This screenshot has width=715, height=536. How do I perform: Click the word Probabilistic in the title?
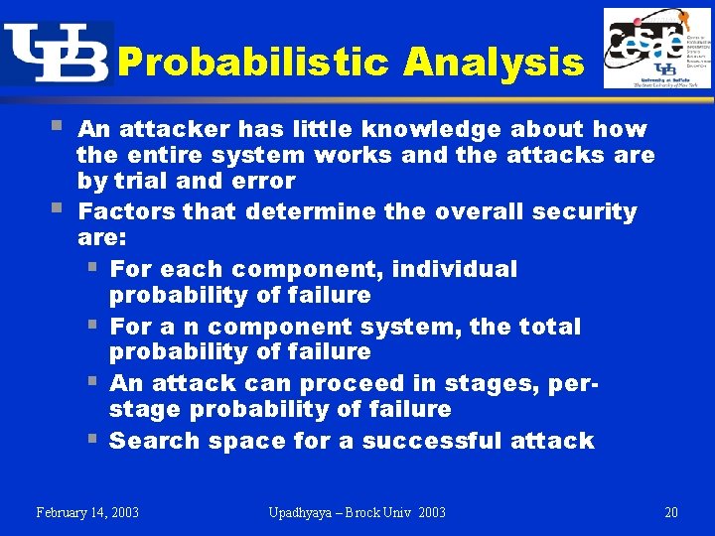pos(252,64)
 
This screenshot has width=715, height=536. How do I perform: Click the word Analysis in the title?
pos(494,64)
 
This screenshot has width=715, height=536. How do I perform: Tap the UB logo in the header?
pos(56,54)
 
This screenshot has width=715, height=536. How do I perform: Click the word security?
pos(584,211)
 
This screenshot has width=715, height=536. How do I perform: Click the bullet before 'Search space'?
pos(91,439)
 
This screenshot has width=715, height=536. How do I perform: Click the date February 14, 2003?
pos(87,512)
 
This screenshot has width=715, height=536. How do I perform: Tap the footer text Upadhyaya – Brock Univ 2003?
pos(357,512)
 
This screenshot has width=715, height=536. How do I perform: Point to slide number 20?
pos(671,512)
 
